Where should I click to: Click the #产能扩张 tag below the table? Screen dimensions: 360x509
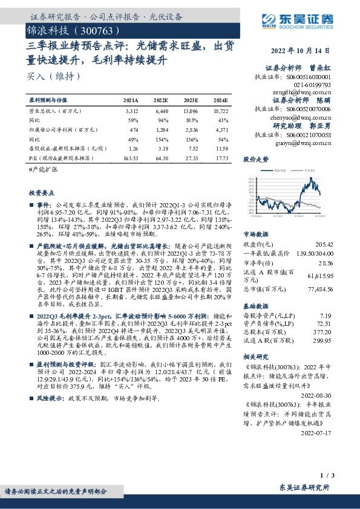[x=42, y=170]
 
